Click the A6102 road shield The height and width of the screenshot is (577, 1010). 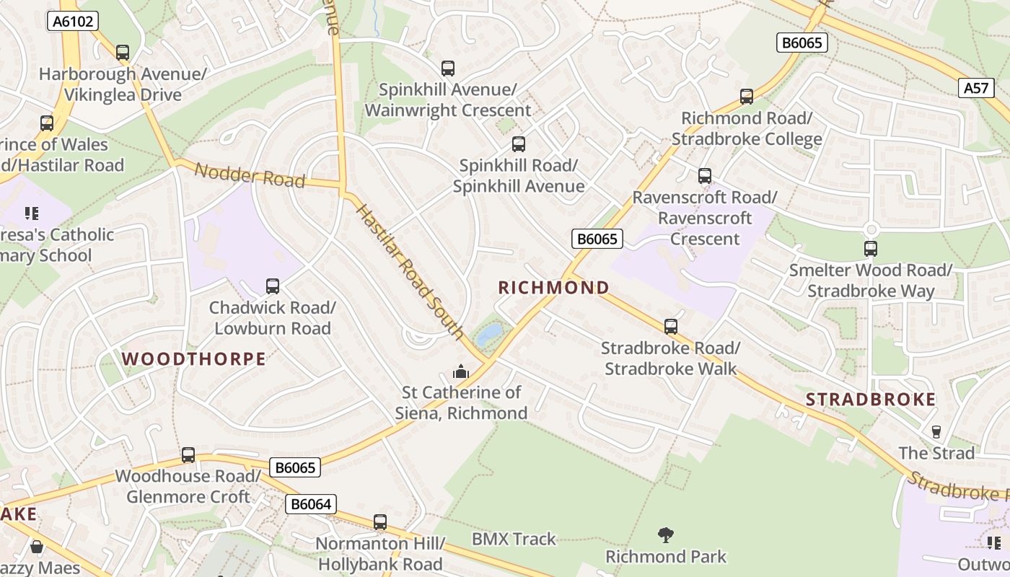coord(73,21)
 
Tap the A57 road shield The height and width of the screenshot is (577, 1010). coord(976,88)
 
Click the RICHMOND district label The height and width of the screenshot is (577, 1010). coord(553,288)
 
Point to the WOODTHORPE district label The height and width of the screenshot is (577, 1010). coord(193,358)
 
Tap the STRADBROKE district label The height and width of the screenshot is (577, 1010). coord(870,400)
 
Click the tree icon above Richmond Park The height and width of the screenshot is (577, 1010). coord(666,535)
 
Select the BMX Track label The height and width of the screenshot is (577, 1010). coord(514,539)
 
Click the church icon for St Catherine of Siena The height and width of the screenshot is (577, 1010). coord(460,371)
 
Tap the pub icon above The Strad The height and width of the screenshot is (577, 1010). coord(936,431)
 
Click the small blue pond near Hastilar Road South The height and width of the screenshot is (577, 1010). coord(490,332)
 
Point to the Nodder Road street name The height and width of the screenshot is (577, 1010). coord(250,174)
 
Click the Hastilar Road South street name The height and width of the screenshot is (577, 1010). coord(409,271)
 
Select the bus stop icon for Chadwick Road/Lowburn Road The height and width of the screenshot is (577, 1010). coord(273,286)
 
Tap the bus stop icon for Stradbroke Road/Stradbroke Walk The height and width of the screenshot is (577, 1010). coord(671,327)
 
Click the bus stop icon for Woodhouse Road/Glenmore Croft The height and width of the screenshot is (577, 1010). coord(188,455)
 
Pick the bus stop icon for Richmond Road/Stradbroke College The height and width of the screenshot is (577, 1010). coord(747,97)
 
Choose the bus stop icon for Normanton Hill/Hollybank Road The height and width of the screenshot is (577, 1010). coord(380,522)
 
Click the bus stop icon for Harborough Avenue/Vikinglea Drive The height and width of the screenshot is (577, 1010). coord(123,53)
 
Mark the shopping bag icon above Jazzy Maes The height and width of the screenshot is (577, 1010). coord(37,547)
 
